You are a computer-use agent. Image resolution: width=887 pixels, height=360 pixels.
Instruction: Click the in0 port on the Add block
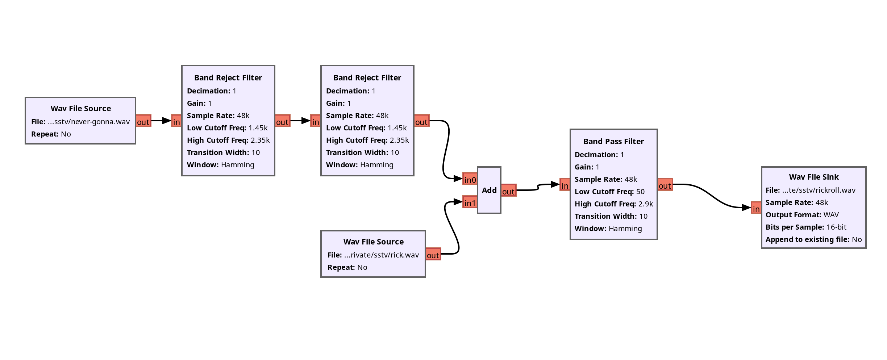pyautogui.click(x=470, y=179)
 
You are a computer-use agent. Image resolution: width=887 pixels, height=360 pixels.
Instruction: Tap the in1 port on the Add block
pyautogui.click(x=470, y=202)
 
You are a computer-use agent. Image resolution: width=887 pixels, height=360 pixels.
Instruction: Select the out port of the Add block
pyautogui.click(x=508, y=191)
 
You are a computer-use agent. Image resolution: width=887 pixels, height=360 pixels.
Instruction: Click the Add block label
pyautogui.click(x=489, y=190)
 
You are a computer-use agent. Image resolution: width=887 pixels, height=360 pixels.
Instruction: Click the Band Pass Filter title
pyautogui.click(x=613, y=141)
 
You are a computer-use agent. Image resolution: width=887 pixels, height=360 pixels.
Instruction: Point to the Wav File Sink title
pyautogui.click(x=814, y=177)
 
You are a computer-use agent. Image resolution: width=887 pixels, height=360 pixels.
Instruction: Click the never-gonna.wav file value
pyautogui.click(x=89, y=122)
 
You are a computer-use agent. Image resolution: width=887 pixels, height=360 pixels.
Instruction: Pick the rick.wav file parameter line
pyautogui.click(x=373, y=255)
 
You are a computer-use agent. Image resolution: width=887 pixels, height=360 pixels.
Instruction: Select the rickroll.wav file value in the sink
pyautogui.click(x=819, y=190)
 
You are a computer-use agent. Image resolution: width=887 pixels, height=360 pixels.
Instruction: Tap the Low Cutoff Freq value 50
pyautogui.click(x=640, y=192)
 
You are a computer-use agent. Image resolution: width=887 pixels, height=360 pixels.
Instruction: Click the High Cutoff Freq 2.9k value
pyautogui.click(x=645, y=204)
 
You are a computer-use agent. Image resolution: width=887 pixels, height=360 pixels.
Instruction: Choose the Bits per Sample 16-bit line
pyautogui.click(x=806, y=227)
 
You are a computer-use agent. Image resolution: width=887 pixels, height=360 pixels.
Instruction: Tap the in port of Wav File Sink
pyautogui.click(x=756, y=208)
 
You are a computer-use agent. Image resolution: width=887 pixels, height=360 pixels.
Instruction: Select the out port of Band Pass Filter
pyautogui.click(x=665, y=185)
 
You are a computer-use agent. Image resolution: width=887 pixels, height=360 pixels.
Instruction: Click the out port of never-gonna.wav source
pyautogui.click(x=143, y=121)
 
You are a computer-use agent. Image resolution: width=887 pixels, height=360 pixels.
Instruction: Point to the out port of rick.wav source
pyautogui.click(x=433, y=255)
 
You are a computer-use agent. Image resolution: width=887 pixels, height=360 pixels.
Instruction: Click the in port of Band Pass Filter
pyautogui.click(x=565, y=185)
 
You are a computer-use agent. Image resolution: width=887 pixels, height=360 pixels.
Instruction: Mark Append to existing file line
pyautogui.click(x=813, y=239)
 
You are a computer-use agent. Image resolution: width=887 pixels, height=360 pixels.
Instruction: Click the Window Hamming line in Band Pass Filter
pyautogui.click(x=608, y=229)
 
